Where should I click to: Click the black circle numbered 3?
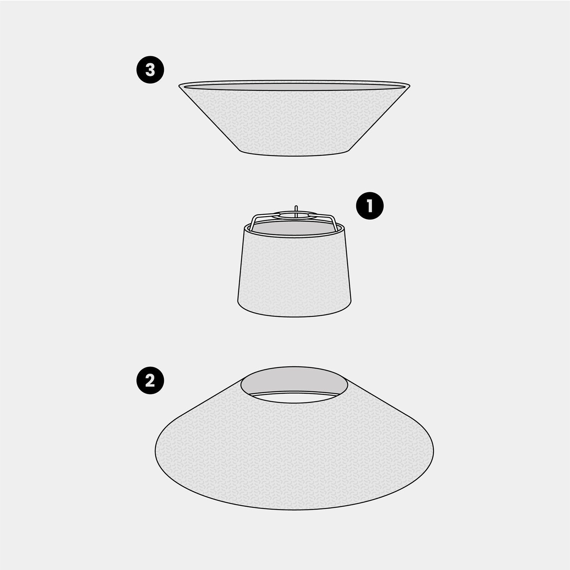pyautogui.click(x=150, y=70)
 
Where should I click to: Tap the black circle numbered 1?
pyautogui.click(x=370, y=207)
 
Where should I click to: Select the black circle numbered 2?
pyautogui.click(x=150, y=381)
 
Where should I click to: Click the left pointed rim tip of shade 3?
pyautogui.click(x=179, y=85)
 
